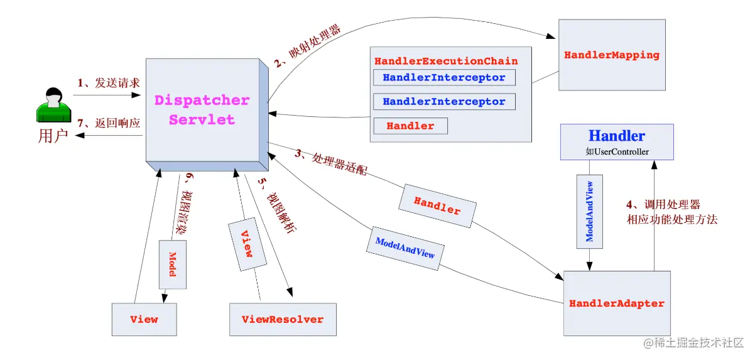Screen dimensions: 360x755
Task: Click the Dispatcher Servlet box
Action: tap(202, 110)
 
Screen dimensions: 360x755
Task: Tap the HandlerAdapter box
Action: tap(616, 303)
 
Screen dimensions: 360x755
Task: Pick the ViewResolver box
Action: tap(283, 319)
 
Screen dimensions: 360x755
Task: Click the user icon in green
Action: tap(53, 106)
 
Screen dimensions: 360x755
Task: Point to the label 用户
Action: tap(53, 136)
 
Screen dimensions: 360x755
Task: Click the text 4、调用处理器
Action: tap(663, 205)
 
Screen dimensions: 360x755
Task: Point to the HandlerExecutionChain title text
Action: tap(446, 61)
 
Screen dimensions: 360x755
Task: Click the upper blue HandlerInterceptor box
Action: tap(444, 77)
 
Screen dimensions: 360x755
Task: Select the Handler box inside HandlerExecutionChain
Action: tap(410, 126)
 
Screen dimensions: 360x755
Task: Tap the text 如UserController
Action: tap(617, 151)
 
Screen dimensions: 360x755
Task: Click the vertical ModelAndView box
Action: tap(589, 211)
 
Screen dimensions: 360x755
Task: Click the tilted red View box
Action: tap(247, 243)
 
